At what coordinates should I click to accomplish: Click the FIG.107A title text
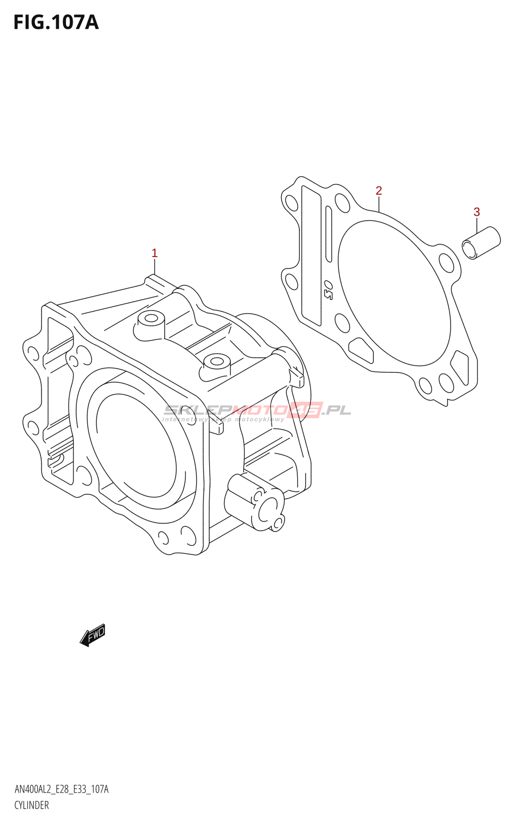click(56, 23)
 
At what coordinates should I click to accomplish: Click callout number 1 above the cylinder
click(154, 253)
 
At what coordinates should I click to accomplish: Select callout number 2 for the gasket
click(378, 191)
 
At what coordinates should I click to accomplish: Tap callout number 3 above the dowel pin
click(476, 212)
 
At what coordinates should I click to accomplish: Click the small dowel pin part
click(481, 243)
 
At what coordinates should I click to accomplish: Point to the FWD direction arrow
click(93, 635)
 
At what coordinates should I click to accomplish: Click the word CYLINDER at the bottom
click(31, 805)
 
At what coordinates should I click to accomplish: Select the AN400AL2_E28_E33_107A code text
click(61, 789)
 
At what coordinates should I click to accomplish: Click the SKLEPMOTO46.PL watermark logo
click(250, 410)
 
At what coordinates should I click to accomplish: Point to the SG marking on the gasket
click(328, 290)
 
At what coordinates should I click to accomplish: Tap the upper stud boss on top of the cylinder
click(150, 318)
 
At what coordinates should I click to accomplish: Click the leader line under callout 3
click(477, 227)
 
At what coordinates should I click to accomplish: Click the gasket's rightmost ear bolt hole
click(446, 264)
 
